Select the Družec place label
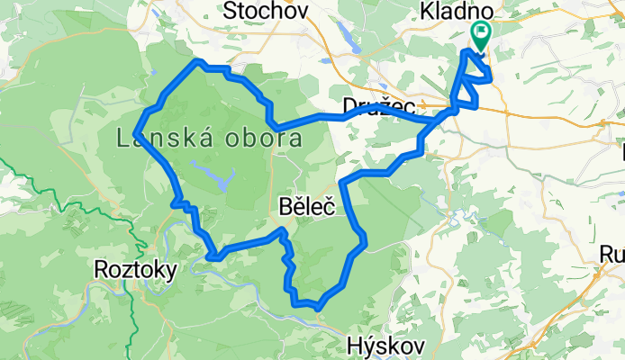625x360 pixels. pyautogui.click(x=377, y=106)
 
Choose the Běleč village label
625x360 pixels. pyautogui.click(x=307, y=208)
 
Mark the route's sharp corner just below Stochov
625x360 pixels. pyautogui.click(x=198, y=61)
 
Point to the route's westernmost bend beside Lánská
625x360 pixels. pyautogui.click(x=136, y=133)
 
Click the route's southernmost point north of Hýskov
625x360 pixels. pyautogui.click(x=318, y=308)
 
